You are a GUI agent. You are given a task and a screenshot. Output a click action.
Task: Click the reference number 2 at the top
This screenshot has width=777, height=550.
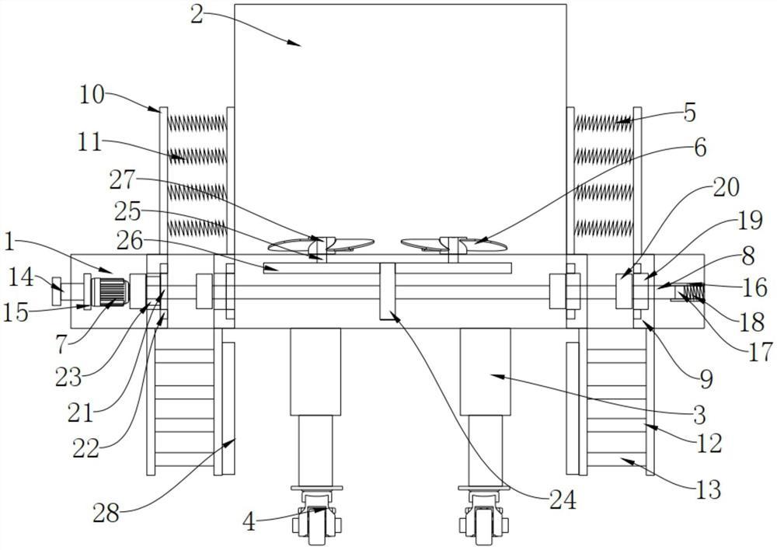pos(197,16)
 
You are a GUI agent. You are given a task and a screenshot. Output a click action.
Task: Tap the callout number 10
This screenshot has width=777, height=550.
pos(92,94)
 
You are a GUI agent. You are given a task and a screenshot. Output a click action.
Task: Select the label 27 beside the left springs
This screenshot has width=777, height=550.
pos(122,181)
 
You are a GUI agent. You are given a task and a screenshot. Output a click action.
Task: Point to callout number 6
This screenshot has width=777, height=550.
pos(700,148)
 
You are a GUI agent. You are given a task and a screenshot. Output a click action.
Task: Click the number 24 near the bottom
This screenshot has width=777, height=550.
pos(563,500)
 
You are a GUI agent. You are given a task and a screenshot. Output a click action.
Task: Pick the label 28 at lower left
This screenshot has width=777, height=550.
pos(106,513)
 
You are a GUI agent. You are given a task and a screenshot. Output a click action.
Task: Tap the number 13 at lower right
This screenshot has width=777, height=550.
pos(708,489)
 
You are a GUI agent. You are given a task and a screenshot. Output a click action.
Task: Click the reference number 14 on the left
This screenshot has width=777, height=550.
pos(21,277)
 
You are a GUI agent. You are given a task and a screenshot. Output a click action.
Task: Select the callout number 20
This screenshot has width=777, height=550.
pos(726,188)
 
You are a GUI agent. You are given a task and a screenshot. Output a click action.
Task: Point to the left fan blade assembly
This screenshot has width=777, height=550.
pos(321,244)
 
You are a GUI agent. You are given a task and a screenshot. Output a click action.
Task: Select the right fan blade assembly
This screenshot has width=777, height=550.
pos(454,244)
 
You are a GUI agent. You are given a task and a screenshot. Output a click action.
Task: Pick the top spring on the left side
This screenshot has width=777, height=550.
pos(197,123)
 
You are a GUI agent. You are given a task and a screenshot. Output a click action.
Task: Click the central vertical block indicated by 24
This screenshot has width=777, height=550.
pos(387,291)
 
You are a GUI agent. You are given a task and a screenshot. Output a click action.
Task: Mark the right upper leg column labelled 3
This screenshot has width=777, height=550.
pos(485,371)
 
